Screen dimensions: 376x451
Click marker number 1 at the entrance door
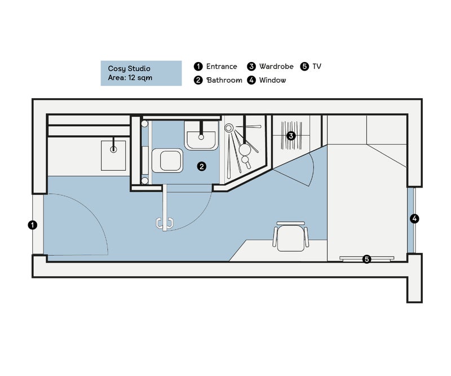click(x=33, y=225)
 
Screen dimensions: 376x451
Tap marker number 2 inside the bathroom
click(x=201, y=166)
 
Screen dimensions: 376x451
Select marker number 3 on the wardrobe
click(x=291, y=136)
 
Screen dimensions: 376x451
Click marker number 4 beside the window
click(x=414, y=219)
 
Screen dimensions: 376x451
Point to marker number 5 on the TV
click(x=367, y=259)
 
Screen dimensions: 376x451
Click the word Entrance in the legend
click(x=222, y=67)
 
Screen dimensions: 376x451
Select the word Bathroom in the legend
click(x=224, y=80)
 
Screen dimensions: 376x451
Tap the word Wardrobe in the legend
click(x=276, y=67)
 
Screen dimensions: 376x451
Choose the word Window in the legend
click(x=272, y=80)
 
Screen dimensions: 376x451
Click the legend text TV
click(x=317, y=67)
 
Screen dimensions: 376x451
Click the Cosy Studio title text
click(x=129, y=68)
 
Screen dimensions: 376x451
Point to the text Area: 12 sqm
click(x=130, y=78)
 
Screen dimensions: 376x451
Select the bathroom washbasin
click(x=201, y=136)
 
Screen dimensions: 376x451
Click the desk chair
click(x=291, y=237)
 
